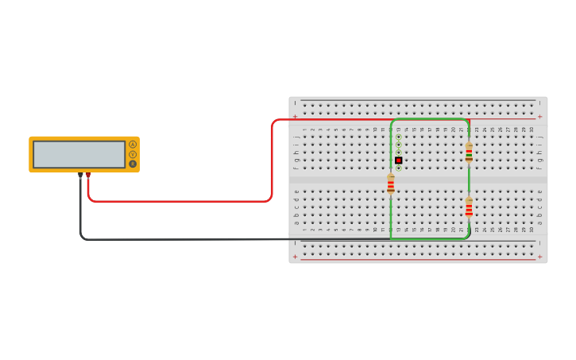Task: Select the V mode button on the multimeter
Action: click(x=133, y=154)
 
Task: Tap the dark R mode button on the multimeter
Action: click(x=133, y=165)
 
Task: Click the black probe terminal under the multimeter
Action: click(x=80, y=175)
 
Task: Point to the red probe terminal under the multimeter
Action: click(x=88, y=175)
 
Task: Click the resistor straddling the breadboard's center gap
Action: click(x=391, y=184)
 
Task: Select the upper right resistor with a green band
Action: click(x=469, y=152)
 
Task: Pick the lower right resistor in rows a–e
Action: click(x=469, y=207)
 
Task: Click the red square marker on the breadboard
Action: click(x=399, y=160)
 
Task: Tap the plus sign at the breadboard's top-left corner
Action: click(x=296, y=116)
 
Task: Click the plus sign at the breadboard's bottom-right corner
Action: click(x=541, y=257)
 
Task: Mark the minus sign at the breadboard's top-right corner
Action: click(x=541, y=103)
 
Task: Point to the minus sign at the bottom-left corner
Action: click(x=296, y=243)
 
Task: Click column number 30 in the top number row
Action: click(x=532, y=130)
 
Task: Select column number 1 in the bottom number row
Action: click(x=304, y=230)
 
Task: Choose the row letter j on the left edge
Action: click(x=297, y=137)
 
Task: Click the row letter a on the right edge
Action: click(x=539, y=223)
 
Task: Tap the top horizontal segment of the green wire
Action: click(x=429, y=119)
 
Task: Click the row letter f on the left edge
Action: click(x=297, y=168)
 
